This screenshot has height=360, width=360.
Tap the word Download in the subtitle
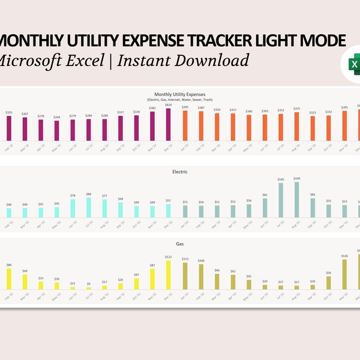click(210, 60)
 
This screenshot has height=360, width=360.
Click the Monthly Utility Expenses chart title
click(179, 94)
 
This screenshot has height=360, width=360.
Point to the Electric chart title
click(179, 172)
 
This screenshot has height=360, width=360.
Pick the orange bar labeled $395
click(185, 125)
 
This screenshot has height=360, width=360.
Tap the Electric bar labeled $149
click(296, 199)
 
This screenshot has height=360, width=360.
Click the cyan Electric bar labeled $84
click(89, 207)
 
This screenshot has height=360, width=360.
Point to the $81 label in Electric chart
click(265, 195)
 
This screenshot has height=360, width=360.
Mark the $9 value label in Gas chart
click(89, 284)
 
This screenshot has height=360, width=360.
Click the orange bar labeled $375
click(296, 126)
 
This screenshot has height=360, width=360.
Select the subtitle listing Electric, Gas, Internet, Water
click(179, 100)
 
